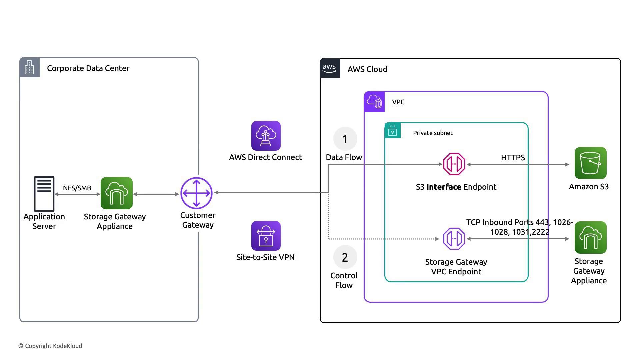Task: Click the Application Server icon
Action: click(44, 194)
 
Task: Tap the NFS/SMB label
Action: click(77, 188)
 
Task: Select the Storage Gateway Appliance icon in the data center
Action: click(117, 193)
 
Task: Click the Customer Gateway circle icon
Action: click(196, 193)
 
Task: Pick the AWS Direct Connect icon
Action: click(266, 136)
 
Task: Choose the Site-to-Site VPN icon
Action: click(266, 236)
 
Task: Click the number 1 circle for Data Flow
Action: click(345, 139)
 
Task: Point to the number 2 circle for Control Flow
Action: click(345, 257)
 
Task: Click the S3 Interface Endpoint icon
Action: click(454, 164)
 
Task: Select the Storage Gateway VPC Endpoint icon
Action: click(454, 239)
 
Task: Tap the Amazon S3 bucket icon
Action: click(590, 163)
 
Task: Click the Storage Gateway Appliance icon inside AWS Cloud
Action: click(590, 238)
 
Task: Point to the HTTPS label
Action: click(513, 158)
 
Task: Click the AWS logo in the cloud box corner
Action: click(330, 68)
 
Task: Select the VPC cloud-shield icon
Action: click(374, 102)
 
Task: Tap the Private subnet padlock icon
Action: click(393, 130)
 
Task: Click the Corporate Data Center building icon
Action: click(30, 67)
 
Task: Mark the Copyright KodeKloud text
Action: click(50, 346)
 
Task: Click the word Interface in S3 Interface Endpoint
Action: click(444, 187)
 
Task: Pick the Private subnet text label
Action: click(433, 133)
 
